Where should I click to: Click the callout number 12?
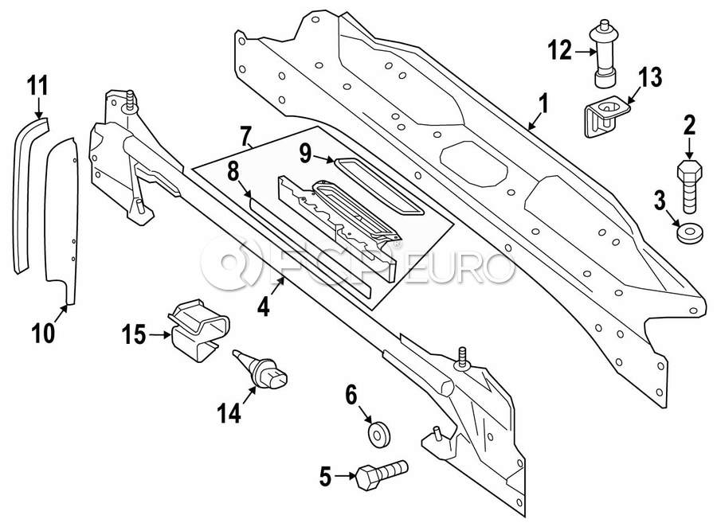[x=560, y=51]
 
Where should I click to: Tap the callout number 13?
[x=649, y=78]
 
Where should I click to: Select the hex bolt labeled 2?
[x=690, y=186]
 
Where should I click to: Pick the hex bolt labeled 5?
[x=381, y=475]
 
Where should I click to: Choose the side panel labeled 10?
[x=61, y=220]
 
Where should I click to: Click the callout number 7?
[x=245, y=136]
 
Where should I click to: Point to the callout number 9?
[x=305, y=154]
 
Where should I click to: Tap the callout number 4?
[x=264, y=306]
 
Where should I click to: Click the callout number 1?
[x=543, y=103]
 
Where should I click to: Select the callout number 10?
[x=44, y=334]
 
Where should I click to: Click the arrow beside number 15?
[x=160, y=335]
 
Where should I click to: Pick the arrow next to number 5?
[x=345, y=476]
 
